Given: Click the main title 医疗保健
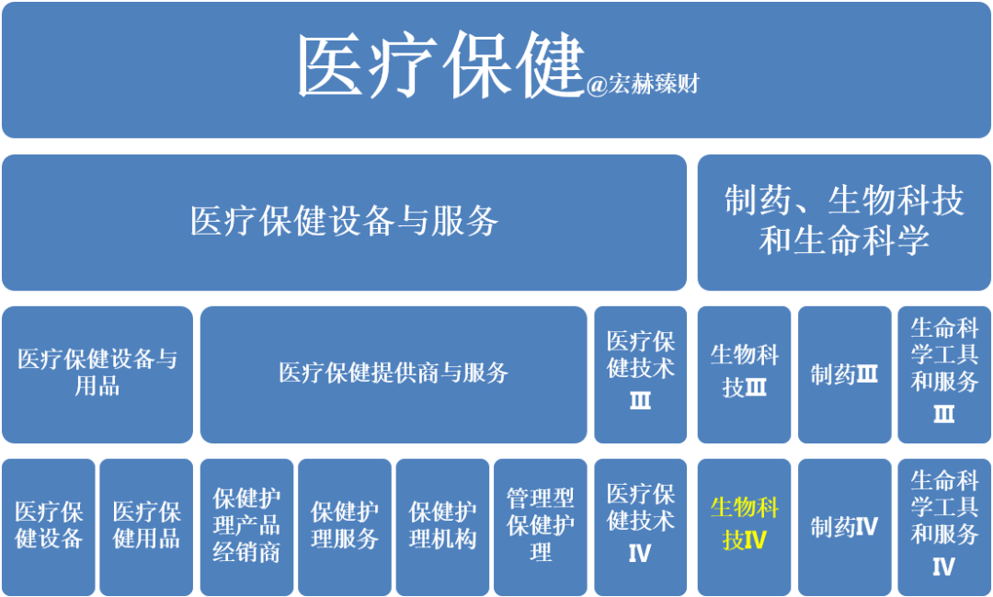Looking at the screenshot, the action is (439, 67).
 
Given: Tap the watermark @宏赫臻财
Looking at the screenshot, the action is (643, 85).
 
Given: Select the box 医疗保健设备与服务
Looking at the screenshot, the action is (345, 223).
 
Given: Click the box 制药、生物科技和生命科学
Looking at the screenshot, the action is (844, 223).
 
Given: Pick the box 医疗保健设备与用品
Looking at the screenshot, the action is (97, 374).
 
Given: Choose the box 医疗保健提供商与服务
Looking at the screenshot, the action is (394, 374).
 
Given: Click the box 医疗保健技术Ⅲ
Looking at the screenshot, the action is (640, 374).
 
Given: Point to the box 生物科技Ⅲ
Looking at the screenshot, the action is (744, 374).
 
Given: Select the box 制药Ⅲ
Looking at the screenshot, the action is (844, 374).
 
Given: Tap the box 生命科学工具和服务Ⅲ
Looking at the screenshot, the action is (944, 374).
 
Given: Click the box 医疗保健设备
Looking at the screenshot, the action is (49, 527).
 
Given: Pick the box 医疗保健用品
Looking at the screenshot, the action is (146, 527).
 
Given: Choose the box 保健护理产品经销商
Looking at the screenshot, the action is (247, 527).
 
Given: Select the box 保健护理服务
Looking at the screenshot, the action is (345, 527).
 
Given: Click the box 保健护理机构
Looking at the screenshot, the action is (442, 527).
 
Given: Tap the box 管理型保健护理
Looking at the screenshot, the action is (541, 527).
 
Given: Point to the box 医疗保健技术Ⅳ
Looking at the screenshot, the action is (640, 527).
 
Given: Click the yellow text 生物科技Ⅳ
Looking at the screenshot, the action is (744, 524).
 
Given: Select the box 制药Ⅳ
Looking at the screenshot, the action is (844, 527).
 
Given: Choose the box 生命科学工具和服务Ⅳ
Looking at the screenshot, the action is (944, 527).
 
